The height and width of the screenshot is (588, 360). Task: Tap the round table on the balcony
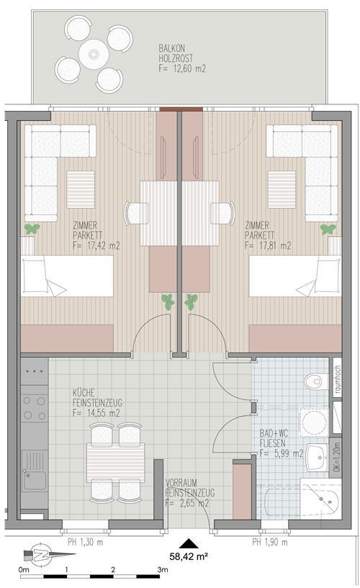click(x=94, y=55)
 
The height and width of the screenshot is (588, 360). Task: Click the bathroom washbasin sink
click(x=318, y=457)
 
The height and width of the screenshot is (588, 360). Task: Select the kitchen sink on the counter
click(x=34, y=471)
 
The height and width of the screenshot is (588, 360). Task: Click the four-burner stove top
click(x=34, y=408)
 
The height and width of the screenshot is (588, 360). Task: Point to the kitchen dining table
click(x=115, y=463)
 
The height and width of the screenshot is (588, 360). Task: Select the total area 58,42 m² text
click(x=189, y=556)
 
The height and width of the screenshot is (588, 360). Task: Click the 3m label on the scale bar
click(x=163, y=569)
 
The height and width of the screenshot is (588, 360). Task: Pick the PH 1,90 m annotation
click(x=270, y=542)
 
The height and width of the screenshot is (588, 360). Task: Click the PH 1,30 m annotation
click(x=85, y=542)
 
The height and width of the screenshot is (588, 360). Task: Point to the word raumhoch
click(x=338, y=379)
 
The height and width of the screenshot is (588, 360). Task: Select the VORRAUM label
click(x=181, y=483)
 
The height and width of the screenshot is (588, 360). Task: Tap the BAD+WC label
click(x=274, y=433)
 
